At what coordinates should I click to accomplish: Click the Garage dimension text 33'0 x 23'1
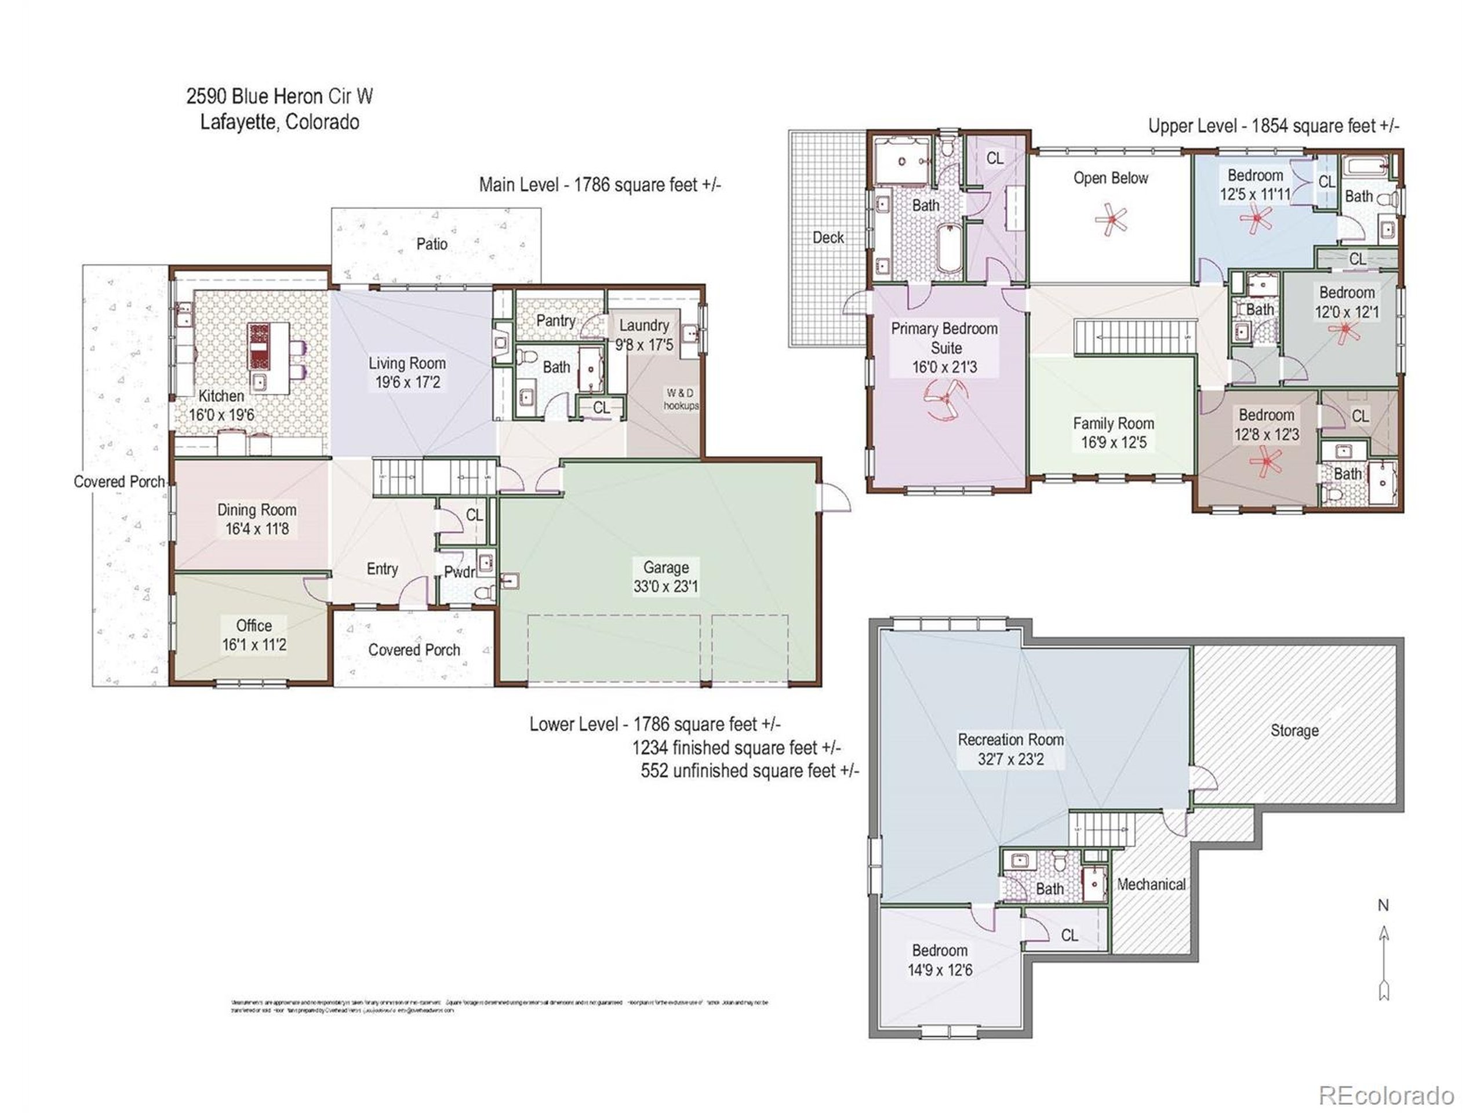coord(665,587)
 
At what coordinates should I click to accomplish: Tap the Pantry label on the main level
coord(555,321)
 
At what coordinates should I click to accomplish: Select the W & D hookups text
coord(681,399)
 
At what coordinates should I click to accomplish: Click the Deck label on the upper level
coord(828,238)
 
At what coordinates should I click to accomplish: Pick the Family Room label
coord(1113,423)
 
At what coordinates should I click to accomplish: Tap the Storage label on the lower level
coord(1294,730)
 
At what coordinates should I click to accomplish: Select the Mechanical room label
coord(1151,884)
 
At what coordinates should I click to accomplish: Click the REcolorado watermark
coord(1386,1096)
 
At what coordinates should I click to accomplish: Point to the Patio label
coord(431,243)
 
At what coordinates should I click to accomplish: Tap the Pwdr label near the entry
coord(459,572)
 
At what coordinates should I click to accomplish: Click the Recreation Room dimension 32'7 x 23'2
coord(1010,759)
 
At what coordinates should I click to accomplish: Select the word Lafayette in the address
coord(238,122)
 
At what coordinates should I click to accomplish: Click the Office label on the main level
coord(253,625)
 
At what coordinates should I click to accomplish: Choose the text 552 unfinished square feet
coord(749,771)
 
